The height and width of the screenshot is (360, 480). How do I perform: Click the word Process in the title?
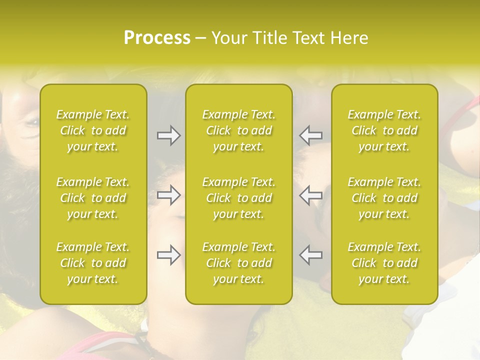point(157,38)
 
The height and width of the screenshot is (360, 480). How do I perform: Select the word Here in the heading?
point(350,38)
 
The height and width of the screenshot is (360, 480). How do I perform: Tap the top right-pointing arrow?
point(169,135)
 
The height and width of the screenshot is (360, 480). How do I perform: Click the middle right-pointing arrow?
point(169,195)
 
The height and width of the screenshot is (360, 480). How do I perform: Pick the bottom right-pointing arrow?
point(169,255)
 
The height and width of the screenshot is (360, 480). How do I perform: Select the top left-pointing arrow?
point(310,135)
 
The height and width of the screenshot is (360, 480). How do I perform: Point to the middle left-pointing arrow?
point(310,195)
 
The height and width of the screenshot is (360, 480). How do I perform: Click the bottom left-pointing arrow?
point(310,255)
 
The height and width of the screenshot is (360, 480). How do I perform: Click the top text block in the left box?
point(93,130)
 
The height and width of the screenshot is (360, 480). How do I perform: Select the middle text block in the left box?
point(93,198)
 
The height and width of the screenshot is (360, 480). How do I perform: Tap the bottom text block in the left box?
point(93,263)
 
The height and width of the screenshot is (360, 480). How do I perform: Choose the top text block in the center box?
point(239,130)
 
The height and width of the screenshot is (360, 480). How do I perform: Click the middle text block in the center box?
point(239,198)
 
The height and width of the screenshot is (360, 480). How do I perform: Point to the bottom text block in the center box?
point(239,263)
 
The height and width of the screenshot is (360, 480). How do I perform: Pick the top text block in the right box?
point(384,130)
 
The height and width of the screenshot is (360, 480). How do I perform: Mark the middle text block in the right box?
point(384,198)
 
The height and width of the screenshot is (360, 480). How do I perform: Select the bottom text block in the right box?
point(384,263)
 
